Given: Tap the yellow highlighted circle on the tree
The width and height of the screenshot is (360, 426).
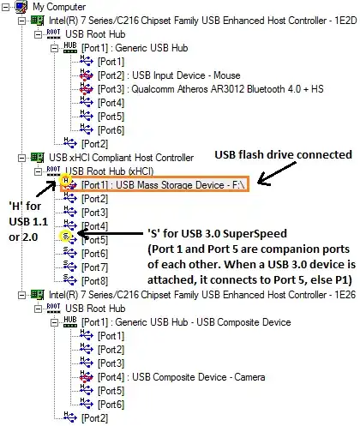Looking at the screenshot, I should click(65, 233).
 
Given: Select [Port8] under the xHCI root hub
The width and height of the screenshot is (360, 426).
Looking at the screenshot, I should click(95, 280).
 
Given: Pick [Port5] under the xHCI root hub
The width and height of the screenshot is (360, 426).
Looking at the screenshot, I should click(95, 239).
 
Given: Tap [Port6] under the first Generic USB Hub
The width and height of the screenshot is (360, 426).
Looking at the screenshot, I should click(111, 130).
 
